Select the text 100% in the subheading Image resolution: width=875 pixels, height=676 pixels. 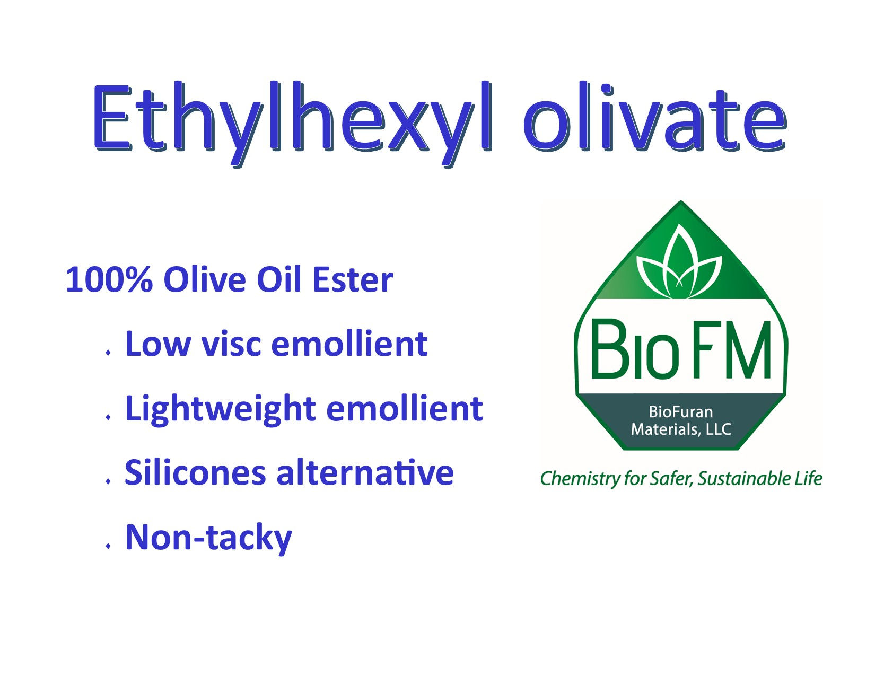(x=109, y=280)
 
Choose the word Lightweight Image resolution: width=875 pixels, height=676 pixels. (x=220, y=409)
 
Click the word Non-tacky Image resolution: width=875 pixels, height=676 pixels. (x=208, y=538)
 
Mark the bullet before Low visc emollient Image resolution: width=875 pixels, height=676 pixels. (x=108, y=352)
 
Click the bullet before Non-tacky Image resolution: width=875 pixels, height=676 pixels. (x=108, y=546)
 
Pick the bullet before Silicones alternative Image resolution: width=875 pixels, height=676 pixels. (x=108, y=481)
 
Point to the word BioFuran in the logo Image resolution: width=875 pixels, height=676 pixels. (x=681, y=412)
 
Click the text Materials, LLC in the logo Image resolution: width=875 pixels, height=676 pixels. (x=681, y=429)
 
